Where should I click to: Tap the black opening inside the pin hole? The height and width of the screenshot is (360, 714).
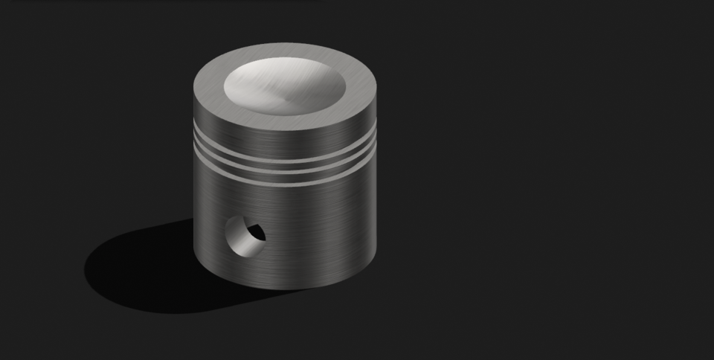coord(257,232)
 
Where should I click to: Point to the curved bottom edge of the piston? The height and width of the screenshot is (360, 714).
coord(284,287)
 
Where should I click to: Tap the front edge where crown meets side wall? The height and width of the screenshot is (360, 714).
coord(284,131)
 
